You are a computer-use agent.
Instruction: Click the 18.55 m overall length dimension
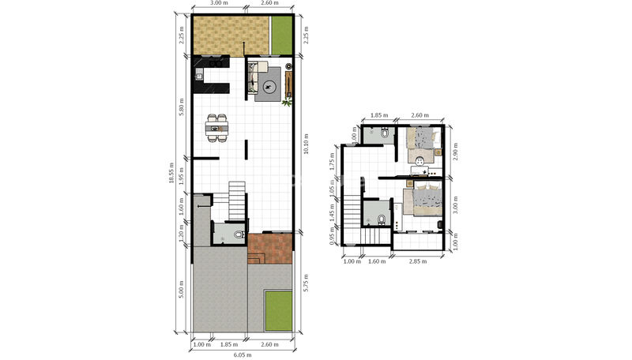click(x=171, y=172)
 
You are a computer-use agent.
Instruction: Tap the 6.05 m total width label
click(x=243, y=354)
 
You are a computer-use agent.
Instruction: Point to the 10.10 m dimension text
click(x=306, y=144)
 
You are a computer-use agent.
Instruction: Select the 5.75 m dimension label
click(x=306, y=283)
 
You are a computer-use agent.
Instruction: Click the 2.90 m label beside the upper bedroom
click(x=455, y=151)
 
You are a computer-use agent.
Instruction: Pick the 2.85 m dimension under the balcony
click(x=418, y=261)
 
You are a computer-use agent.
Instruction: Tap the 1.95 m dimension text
click(x=182, y=175)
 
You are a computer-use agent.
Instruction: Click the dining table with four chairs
click(x=216, y=129)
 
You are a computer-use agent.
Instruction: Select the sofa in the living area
click(x=254, y=78)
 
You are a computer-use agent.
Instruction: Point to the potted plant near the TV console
click(x=287, y=103)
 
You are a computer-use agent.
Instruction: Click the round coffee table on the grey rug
click(x=269, y=86)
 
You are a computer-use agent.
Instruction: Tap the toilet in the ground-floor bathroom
click(x=239, y=234)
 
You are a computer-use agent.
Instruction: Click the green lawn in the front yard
click(x=279, y=310)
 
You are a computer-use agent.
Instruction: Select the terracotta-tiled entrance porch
click(x=269, y=249)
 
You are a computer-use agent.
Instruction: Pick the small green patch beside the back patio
click(x=281, y=35)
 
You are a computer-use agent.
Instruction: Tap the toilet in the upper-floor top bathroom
click(x=385, y=133)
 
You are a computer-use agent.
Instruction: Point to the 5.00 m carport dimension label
click(x=182, y=289)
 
